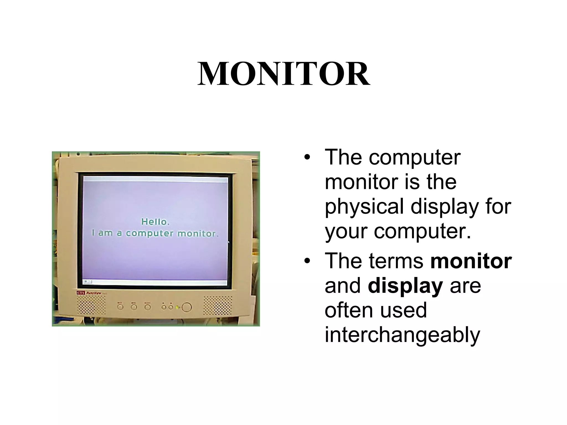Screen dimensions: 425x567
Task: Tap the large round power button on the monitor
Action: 187,307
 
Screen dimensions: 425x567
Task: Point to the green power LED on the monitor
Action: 177,307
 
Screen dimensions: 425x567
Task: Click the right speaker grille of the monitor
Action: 218,305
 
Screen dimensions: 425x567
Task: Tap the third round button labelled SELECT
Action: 148,307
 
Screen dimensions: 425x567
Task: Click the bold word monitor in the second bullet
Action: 471,261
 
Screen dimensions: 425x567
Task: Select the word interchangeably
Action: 402,335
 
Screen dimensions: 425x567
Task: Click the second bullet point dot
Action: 306,261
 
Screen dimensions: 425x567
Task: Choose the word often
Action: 347,310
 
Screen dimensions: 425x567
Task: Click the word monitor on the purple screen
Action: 197,234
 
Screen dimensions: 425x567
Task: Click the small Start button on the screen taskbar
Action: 88,282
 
